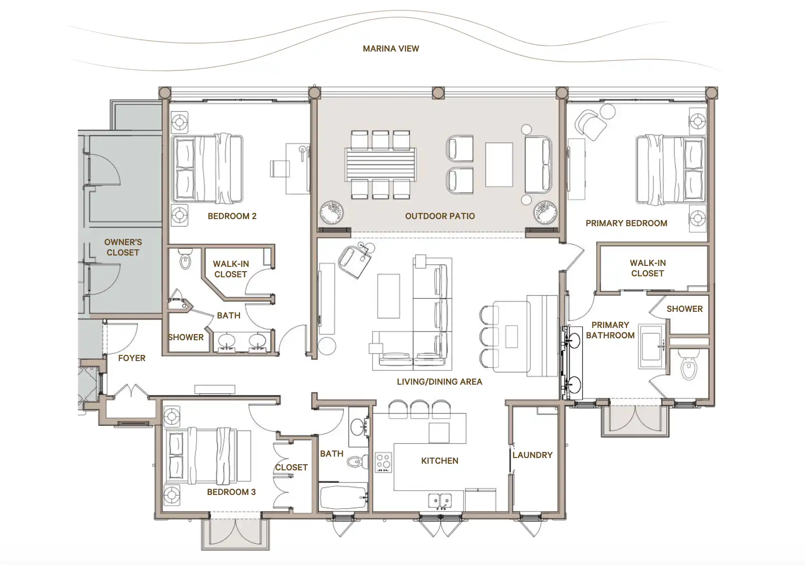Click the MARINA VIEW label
click(391, 48)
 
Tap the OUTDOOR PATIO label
click(440, 216)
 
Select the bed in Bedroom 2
click(207, 168)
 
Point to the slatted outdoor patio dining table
click(380, 165)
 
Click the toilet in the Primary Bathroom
click(689, 364)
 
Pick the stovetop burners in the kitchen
click(383, 462)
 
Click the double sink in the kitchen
click(440, 501)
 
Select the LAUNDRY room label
click(532, 455)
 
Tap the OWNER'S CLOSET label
click(123, 247)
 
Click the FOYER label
click(132, 358)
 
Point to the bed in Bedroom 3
click(208, 455)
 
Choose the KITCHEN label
click(439, 461)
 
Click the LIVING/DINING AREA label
click(439, 382)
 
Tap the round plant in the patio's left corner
click(331, 212)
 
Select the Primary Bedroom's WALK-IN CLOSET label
click(648, 268)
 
